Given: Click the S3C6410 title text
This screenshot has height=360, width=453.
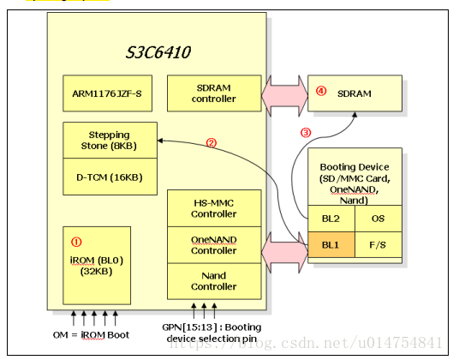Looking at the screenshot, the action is [158, 52].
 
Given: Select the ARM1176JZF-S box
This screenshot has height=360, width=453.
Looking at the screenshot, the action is [108, 93].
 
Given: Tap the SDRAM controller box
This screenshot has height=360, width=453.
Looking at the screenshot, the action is [214, 93].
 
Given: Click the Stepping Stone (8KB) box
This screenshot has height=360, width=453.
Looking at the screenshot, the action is [110, 141].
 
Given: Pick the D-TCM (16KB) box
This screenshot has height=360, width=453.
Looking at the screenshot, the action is [110, 177].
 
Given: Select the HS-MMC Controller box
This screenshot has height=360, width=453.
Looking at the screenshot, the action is [214, 208].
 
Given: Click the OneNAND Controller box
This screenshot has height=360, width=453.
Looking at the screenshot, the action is [214, 245].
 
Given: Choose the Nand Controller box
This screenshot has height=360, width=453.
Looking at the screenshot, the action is [214, 281].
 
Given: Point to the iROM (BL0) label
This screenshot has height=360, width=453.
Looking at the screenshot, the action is [97, 261].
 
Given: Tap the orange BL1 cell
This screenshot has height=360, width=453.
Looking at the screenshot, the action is [331, 244].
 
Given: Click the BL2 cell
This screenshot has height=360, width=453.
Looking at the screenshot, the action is [331, 219].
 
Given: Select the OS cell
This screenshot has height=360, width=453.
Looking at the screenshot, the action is [378, 219].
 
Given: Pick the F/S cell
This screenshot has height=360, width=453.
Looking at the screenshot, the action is [378, 244].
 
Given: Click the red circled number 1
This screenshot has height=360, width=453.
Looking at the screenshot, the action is [76, 242].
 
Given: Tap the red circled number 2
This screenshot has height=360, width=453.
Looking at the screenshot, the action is [212, 142].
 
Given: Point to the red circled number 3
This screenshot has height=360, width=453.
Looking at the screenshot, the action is [306, 133].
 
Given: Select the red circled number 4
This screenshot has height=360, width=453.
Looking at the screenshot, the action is [321, 91].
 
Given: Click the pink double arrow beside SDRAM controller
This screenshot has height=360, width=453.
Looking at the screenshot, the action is [284, 96].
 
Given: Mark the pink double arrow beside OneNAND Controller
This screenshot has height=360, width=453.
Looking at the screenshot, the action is [284, 253].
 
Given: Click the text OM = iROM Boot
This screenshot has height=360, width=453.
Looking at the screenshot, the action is [91, 335].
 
